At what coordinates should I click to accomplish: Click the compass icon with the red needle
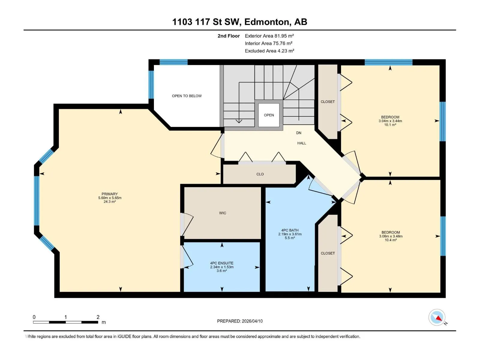[x=436, y=317]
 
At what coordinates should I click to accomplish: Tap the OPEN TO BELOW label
[x=187, y=96]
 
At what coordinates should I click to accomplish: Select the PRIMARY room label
[x=109, y=194]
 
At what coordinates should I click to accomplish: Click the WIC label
[x=222, y=213]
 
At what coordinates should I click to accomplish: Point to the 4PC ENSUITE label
[x=221, y=263]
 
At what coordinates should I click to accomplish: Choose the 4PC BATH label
[x=290, y=230]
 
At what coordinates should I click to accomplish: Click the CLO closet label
[x=260, y=174]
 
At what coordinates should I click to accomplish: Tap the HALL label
[x=301, y=143]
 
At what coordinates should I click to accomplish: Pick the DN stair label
[x=298, y=133]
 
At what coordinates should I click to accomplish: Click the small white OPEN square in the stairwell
[x=269, y=115]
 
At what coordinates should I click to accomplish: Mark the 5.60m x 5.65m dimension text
[x=110, y=198]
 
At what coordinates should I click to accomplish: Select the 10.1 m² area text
[x=390, y=124]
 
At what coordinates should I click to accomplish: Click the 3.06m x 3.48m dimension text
[x=391, y=236]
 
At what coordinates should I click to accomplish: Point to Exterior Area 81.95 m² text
[x=269, y=36]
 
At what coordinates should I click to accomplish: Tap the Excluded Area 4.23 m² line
[x=269, y=51]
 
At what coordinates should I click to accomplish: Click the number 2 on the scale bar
[x=98, y=317]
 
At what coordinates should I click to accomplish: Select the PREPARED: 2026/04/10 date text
[x=240, y=321]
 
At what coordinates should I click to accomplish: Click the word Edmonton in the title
[x=268, y=22]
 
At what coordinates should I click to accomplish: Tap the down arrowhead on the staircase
[x=239, y=121]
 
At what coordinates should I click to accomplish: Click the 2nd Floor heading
[x=229, y=36]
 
